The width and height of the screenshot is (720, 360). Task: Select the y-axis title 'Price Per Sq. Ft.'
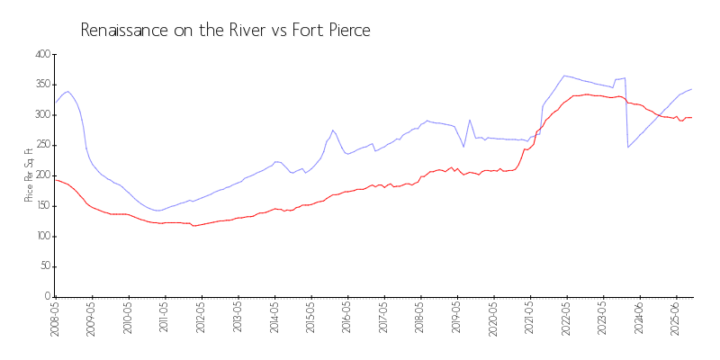pyautogui.click(x=29, y=175)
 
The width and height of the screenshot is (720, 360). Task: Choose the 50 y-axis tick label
pyautogui.click(x=42, y=266)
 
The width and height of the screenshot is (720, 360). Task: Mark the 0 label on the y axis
pyautogui.click(x=45, y=297)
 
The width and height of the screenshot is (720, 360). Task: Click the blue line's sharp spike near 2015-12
pyautogui.click(x=333, y=130)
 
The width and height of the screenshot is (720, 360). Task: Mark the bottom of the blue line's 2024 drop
pyautogui.click(x=628, y=147)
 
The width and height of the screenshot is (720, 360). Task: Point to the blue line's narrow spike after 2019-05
pyautogui.click(x=470, y=120)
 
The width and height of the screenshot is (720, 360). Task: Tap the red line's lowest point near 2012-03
pyautogui.click(x=193, y=225)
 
